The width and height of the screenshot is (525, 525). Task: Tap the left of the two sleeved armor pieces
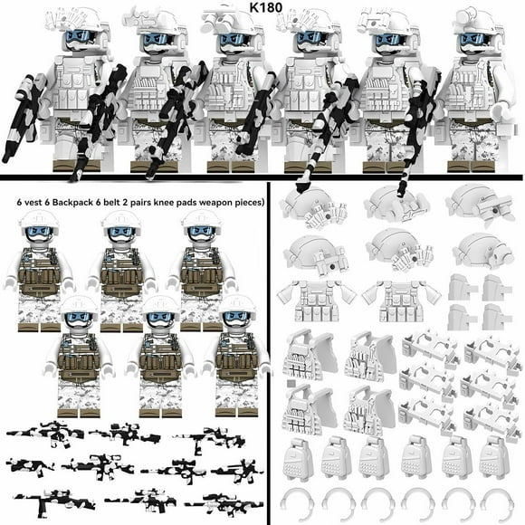315,294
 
